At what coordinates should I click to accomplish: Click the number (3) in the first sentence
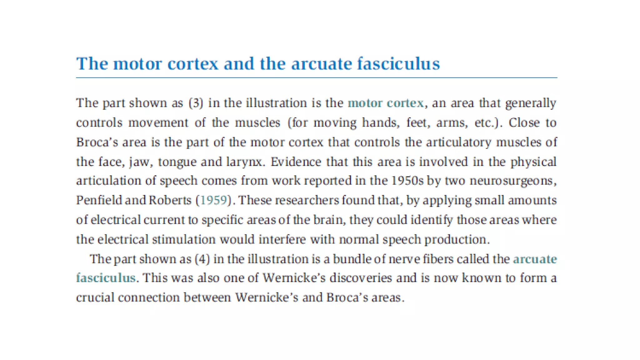196,103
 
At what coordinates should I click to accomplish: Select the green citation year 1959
213,200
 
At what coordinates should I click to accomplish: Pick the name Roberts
170,200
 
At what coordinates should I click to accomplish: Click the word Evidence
296,162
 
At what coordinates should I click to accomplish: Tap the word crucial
95,297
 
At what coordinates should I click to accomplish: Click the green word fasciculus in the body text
106,278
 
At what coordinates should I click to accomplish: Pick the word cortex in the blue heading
193,64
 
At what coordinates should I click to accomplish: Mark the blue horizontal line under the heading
316,77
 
